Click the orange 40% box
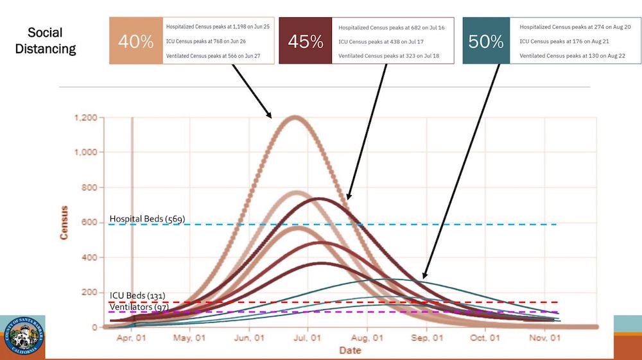tap(136, 42)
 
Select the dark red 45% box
tap(306, 42)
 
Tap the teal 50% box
tap(486, 42)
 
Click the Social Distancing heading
tap(52, 40)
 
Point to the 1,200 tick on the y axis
tap(85, 118)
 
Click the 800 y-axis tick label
tap(91, 187)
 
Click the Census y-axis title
tap(64, 223)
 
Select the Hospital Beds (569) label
tap(147, 219)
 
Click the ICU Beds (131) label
tap(137, 296)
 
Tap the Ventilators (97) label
tap(139, 307)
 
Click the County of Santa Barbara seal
tap(23, 338)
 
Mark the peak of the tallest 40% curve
tap(295, 117)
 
